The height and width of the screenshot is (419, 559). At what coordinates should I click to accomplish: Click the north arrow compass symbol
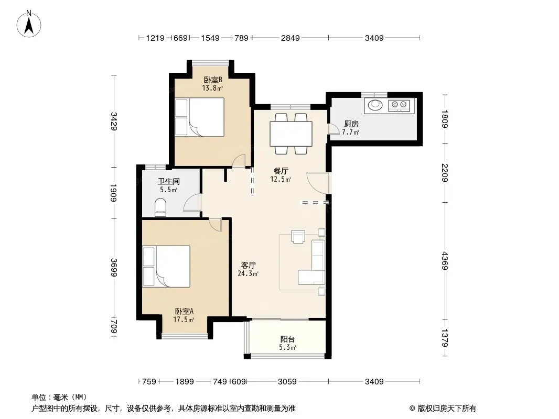click(x=29, y=24)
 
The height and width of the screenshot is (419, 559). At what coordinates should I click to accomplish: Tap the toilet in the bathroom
click(x=160, y=207)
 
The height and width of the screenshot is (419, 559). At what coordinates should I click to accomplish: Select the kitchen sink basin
click(x=375, y=105)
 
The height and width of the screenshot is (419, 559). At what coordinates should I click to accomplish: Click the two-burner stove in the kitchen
click(x=399, y=105)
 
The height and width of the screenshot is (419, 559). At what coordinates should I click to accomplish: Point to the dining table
click(x=291, y=134)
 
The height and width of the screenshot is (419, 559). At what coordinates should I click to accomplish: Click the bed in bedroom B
click(x=200, y=117)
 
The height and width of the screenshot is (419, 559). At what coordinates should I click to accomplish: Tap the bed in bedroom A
click(x=166, y=266)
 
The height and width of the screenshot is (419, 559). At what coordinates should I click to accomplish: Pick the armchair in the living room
click(x=298, y=236)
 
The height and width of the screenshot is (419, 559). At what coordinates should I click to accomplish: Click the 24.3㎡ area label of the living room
click(x=248, y=273)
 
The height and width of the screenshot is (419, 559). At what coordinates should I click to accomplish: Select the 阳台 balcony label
click(x=288, y=339)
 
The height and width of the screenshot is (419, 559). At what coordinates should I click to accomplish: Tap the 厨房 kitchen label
click(x=351, y=124)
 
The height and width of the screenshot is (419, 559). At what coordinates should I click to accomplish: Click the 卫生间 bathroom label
click(x=169, y=182)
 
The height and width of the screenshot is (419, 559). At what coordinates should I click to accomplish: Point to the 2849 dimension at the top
click(x=290, y=38)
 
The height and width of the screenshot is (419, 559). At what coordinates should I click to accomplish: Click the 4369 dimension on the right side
click(x=445, y=260)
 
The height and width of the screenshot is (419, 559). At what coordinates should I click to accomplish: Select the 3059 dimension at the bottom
click(x=287, y=382)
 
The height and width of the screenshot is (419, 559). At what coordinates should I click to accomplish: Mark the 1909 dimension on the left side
click(x=113, y=192)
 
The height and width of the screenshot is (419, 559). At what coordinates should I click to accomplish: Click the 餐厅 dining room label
click(x=281, y=171)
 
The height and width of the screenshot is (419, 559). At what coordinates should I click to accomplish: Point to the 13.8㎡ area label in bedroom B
click(x=212, y=88)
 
